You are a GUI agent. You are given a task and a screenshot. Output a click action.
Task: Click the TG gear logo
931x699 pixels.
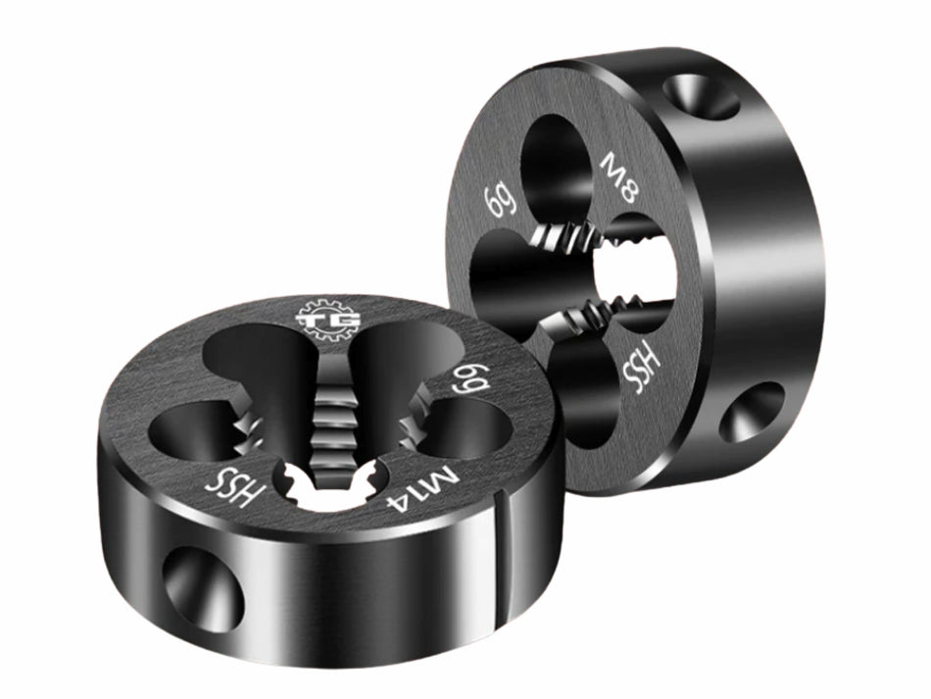(x=327, y=320)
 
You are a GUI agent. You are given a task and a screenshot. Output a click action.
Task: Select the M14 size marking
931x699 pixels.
(x=422, y=490)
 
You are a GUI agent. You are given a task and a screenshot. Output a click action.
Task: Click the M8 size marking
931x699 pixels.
(x=620, y=177)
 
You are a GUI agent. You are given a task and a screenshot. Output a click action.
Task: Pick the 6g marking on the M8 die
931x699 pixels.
(x=501, y=201)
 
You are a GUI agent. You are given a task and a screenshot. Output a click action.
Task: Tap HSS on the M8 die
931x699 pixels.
(x=641, y=370)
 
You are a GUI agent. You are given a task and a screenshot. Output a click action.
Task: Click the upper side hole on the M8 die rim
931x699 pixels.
(x=701, y=96)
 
